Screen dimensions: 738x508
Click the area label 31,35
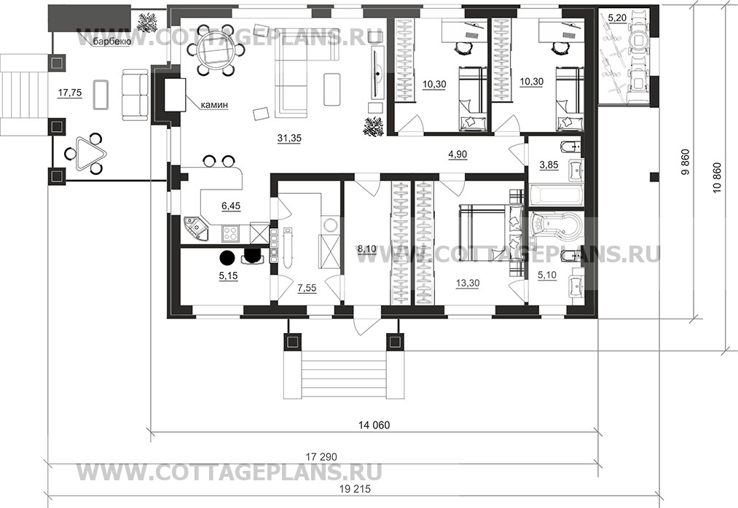[289, 138]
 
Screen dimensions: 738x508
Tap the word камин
[214, 105]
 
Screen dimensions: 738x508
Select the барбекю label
[111, 42]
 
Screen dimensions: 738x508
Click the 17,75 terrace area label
[70, 93]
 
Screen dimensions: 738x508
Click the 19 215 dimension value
[354, 489]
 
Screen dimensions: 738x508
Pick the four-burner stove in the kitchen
[231, 232]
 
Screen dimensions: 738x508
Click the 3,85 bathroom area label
[549, 165]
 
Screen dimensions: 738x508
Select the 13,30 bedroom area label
[468, 283]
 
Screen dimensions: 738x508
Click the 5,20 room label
[617, 18]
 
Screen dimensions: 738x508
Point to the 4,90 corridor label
[458, 154]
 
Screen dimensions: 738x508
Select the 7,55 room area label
[307, 288]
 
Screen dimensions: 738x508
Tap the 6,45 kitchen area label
[231, 206]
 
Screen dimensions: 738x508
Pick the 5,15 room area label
[228, 276]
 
